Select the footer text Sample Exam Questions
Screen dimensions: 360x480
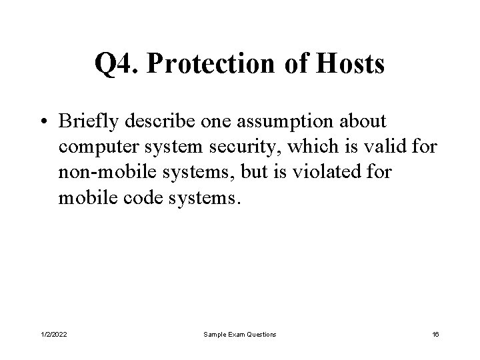[240, 333]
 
